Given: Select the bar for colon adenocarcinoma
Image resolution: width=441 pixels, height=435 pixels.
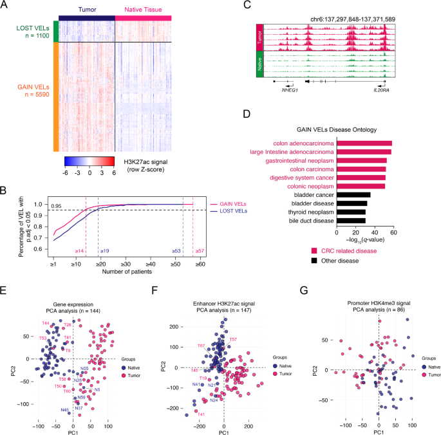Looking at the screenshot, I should click(x=364, y=143).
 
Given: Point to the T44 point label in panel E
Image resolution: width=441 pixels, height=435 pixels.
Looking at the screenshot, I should click(x=45, y=323).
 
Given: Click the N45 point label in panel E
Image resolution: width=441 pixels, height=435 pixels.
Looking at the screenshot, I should click(x=65, y=410).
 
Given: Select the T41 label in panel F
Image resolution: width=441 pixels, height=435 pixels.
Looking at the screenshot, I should click(x=202, y=414).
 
